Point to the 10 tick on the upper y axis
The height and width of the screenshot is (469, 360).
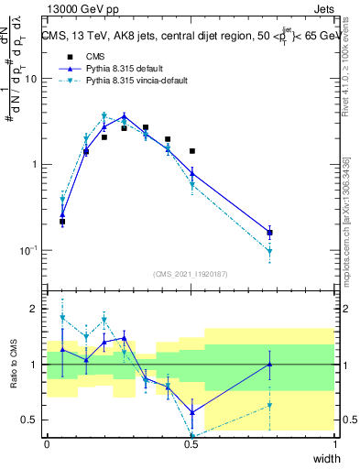[x=33, y=79]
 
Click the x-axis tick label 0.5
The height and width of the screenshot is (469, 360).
[x=191, y=444]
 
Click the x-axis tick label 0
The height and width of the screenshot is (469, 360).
[x=47, y=444]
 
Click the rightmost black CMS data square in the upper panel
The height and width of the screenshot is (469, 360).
[x=269, y=233]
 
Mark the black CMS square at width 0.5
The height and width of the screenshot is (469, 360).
[x=192, y=150]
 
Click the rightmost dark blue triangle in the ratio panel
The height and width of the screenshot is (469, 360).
[x=269, y=364]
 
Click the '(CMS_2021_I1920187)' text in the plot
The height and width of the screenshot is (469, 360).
[x=191, y=273]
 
